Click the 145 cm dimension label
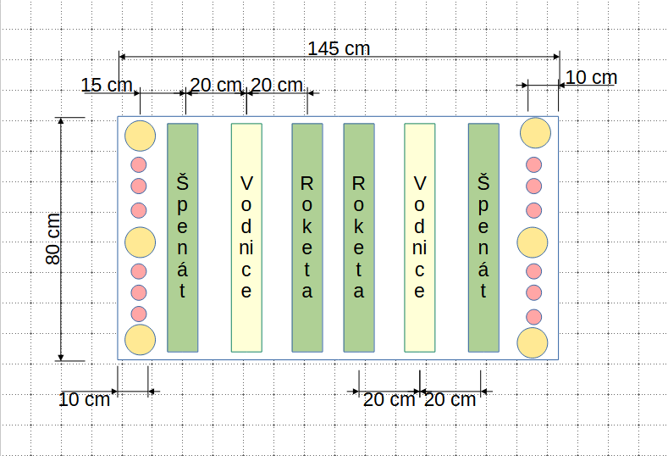point(339,48)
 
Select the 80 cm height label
point(53,239)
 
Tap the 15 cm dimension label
point(107,85)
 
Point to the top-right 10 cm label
point(591,78)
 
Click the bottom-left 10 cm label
point(85,399)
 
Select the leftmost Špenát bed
point(183,237)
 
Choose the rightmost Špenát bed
point(483,237)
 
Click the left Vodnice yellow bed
point(246,237)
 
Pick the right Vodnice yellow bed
point(419,237)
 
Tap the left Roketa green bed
point(307,237)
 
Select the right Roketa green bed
point(359,237)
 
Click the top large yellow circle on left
point(140,135)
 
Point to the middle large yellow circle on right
point(533,242)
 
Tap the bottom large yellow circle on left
point(141,339)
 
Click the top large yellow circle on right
point(536,132)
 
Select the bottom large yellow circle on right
point(533,343)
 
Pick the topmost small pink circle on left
point(139,164)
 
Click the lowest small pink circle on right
point(534,317)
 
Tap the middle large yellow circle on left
point(141,242)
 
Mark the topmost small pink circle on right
point(534,164)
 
